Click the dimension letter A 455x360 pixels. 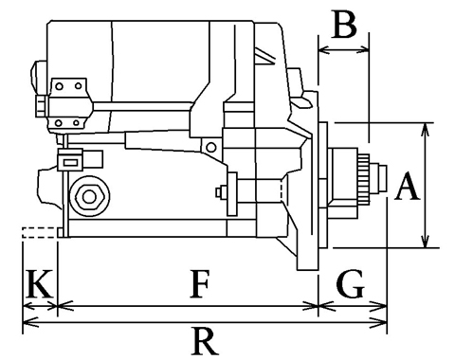408,187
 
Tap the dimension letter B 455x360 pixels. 345,24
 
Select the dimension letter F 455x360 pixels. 199,284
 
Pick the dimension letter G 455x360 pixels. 351,284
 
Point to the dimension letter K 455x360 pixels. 39,284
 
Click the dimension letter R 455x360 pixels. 205,342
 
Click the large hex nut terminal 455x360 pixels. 89,196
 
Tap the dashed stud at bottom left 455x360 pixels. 40,233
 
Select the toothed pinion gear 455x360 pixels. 364,179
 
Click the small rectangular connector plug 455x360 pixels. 70,160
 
